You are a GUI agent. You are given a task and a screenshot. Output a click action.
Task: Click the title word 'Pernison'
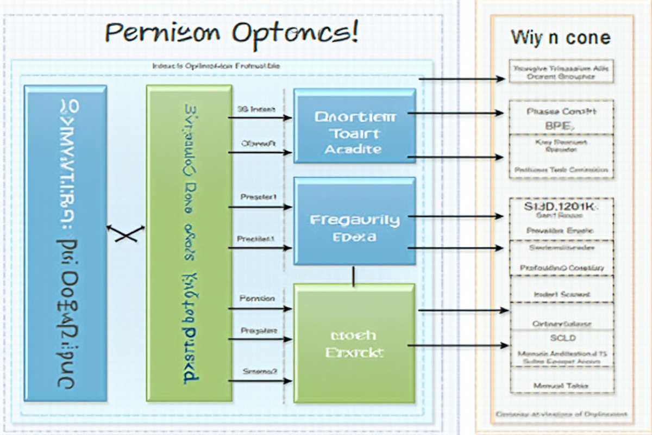point(164,34)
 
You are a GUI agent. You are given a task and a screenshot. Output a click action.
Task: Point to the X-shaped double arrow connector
point(126,233)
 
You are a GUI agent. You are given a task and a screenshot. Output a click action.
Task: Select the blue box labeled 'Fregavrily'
point(355,221)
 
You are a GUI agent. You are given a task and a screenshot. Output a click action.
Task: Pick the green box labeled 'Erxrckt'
point(355,343)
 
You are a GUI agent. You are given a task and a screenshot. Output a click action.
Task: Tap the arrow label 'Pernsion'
point(257,299)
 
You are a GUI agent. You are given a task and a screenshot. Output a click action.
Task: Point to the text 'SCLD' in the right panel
point(562,338)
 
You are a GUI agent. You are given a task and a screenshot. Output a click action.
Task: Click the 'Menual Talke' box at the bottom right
point(562,385)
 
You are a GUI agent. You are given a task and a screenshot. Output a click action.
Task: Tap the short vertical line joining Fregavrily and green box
point(354,276)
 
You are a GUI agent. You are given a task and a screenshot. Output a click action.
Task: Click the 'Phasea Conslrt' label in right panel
point(561,111)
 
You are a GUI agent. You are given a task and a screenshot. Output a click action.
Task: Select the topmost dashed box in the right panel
point(561,71)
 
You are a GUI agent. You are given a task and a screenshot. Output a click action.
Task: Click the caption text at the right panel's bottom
point(561,414)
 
